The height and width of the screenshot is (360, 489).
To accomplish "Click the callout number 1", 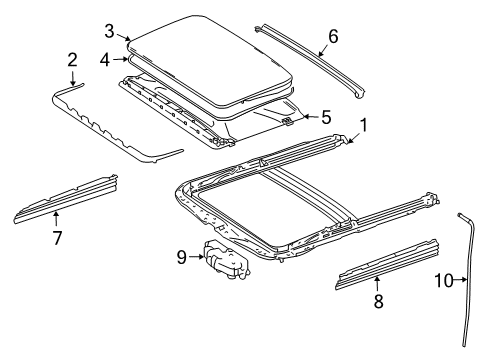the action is [x=364, y=125].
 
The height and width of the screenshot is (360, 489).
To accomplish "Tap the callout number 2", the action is [x=72, y=60].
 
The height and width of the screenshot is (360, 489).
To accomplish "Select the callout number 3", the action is [x=110, y=31].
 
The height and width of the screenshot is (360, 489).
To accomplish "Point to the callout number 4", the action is [x=105, y=60].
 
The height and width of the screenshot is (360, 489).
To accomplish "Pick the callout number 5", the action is [x=326, y=117].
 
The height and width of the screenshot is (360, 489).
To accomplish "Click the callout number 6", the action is [x=333, y=36].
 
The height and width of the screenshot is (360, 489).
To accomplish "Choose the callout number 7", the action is [x=57, y=238].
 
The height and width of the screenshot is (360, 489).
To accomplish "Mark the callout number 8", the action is [x=378, y=301].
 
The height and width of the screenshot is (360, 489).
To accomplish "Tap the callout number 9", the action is [x=182, y=257].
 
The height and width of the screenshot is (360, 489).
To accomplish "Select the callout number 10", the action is [x=444, y=281].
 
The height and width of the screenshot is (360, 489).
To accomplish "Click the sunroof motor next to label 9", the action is [x=226, y=260].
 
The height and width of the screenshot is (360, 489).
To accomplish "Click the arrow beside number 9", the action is [x=196, y=257].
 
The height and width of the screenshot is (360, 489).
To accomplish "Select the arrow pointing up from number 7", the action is [x=56, y=220].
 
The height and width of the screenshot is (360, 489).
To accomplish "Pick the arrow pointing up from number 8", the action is [x=377, y=285].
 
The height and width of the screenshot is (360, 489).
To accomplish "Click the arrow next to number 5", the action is [x=311, y=117].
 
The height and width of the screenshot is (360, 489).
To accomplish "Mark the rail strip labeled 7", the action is [x=66, y=199].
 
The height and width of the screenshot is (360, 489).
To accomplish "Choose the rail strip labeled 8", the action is [x=387, y=264].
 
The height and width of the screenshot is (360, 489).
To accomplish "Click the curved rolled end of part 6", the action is [x=359, y=95].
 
